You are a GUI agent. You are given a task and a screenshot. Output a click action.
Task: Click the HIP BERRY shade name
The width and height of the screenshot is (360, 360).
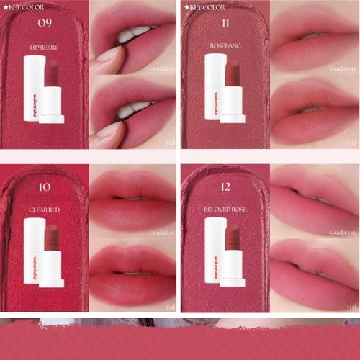(x=44, y=48)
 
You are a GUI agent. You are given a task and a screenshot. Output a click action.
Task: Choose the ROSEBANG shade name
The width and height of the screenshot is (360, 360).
(x=225, y=48)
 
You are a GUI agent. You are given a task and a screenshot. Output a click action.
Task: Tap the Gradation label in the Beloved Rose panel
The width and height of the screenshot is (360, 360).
(x=343, y=233)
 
